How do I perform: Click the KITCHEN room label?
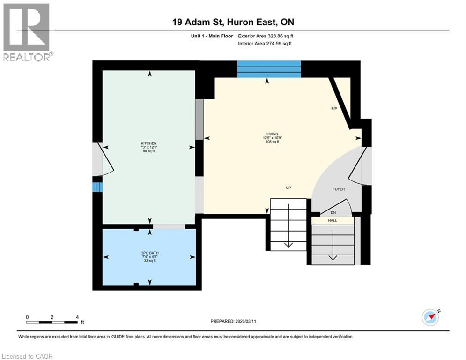click(x=148, y=143)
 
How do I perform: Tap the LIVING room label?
click(x=272, y=134)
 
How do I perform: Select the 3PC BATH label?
click(x=150, y=253)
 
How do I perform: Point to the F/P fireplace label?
click(x=334, y=109)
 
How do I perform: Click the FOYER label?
click(x=339, y=189)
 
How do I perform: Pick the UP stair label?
click(x=288, y=188)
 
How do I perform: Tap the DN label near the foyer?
click(x=333, y=212)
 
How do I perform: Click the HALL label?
click(x=332, y=220)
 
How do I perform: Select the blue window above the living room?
click(x=269, y=69)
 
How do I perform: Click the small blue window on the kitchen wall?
click(x=97, y=187)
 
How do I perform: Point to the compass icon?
click(x=430, y=317)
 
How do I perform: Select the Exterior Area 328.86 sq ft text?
click(x=266, y=36)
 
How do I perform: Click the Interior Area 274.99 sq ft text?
click(x=265, y=44)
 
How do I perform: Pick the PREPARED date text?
click(x=233, y=321)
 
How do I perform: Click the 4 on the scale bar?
click(x=77, y=317)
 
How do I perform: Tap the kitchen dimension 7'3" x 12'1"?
click(x=148, y=147)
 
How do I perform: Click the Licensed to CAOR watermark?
click(x=27, y=356)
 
